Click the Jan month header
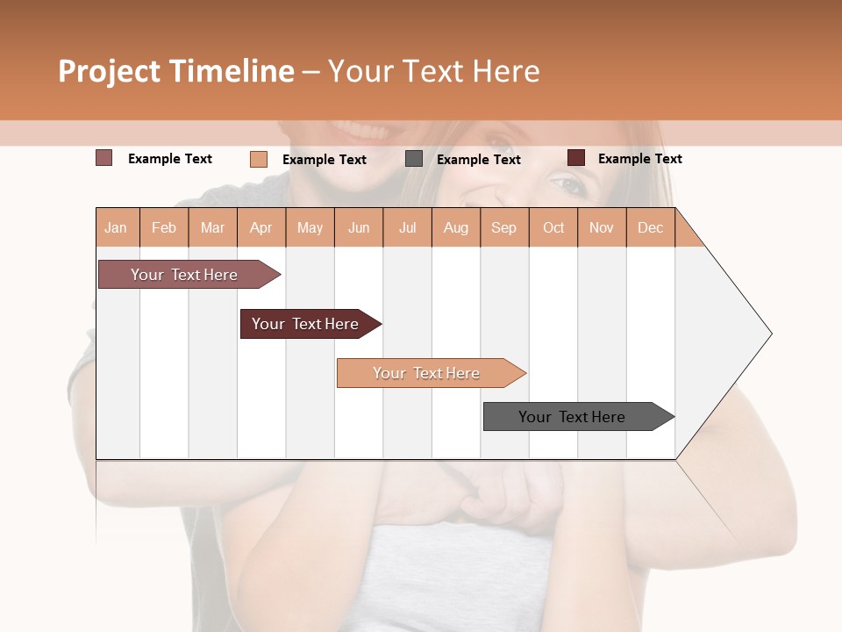click(116, 227)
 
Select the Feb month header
click(164, 227)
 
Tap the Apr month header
click(261, 227)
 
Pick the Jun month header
click(359, 227)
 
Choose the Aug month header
click(456, 227)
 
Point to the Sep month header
click(503, 227)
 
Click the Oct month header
click(553, 227)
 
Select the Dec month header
click(650, 227)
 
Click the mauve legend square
click(104, 158)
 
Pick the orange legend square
click(259, 159)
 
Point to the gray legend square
click(414, 159)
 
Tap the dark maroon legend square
click(576, 158)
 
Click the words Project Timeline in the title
click(176, 71)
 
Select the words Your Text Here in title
click(433, 71)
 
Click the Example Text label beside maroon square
click(639, 159)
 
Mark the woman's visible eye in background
click(567, 184)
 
